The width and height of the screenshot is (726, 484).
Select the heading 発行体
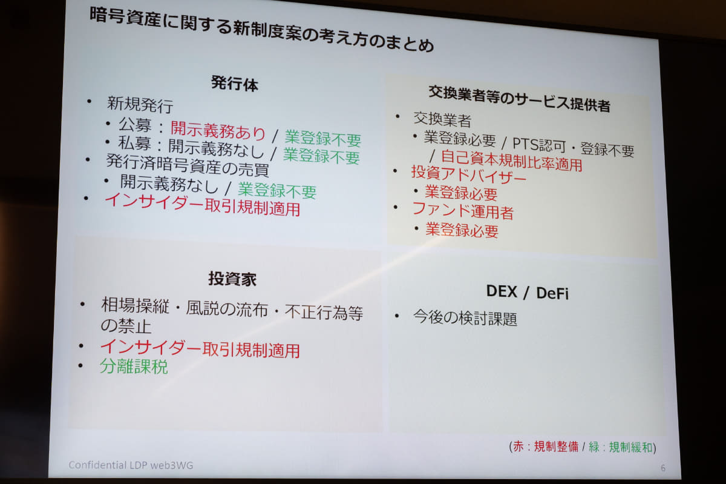[235, 84]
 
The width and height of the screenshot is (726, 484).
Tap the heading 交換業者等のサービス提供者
[519, 99]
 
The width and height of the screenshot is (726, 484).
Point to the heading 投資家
[232, 279]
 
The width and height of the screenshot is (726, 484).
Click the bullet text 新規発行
[140, 105]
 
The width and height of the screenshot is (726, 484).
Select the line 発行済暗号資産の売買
[188, 165]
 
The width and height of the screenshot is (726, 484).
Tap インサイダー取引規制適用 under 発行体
[202, 205]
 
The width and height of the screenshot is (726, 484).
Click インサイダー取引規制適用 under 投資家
[200, 348]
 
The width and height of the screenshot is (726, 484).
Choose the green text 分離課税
[134, 366]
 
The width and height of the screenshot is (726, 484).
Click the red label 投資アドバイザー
[468, 176]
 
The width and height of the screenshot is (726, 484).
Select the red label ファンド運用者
[463, 211]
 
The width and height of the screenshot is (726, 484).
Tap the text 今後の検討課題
[465, 318]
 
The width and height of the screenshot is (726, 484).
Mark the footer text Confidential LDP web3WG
[131, 465]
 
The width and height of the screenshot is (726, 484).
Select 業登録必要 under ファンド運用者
[462, 230]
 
